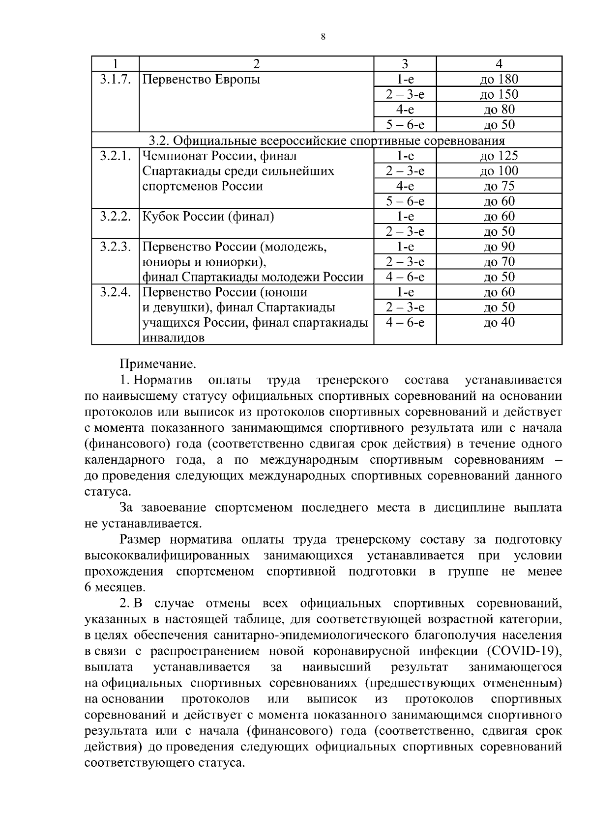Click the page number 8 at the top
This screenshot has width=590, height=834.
point(323,37)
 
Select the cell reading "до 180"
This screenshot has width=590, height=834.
point(499,79)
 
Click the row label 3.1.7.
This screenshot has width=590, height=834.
point(115,79)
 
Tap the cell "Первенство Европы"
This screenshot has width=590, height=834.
point(201,79)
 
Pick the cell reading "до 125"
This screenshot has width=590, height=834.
point(499,156)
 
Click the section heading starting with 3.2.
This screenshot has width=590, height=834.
point(327,141)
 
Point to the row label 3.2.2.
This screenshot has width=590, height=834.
point(115,217)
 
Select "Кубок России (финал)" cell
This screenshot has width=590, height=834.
point(208,217)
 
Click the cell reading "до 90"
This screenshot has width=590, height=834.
point(499,247)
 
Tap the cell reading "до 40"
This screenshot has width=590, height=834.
point(499,323)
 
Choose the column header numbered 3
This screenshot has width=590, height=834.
point(405,64)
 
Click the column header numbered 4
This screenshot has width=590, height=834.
point(499,64)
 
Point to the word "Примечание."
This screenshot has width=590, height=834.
point(158,364)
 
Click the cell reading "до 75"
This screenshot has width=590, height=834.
point(499,186)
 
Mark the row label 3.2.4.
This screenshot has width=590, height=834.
point(115,292)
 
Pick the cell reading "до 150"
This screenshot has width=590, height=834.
point(499,94)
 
